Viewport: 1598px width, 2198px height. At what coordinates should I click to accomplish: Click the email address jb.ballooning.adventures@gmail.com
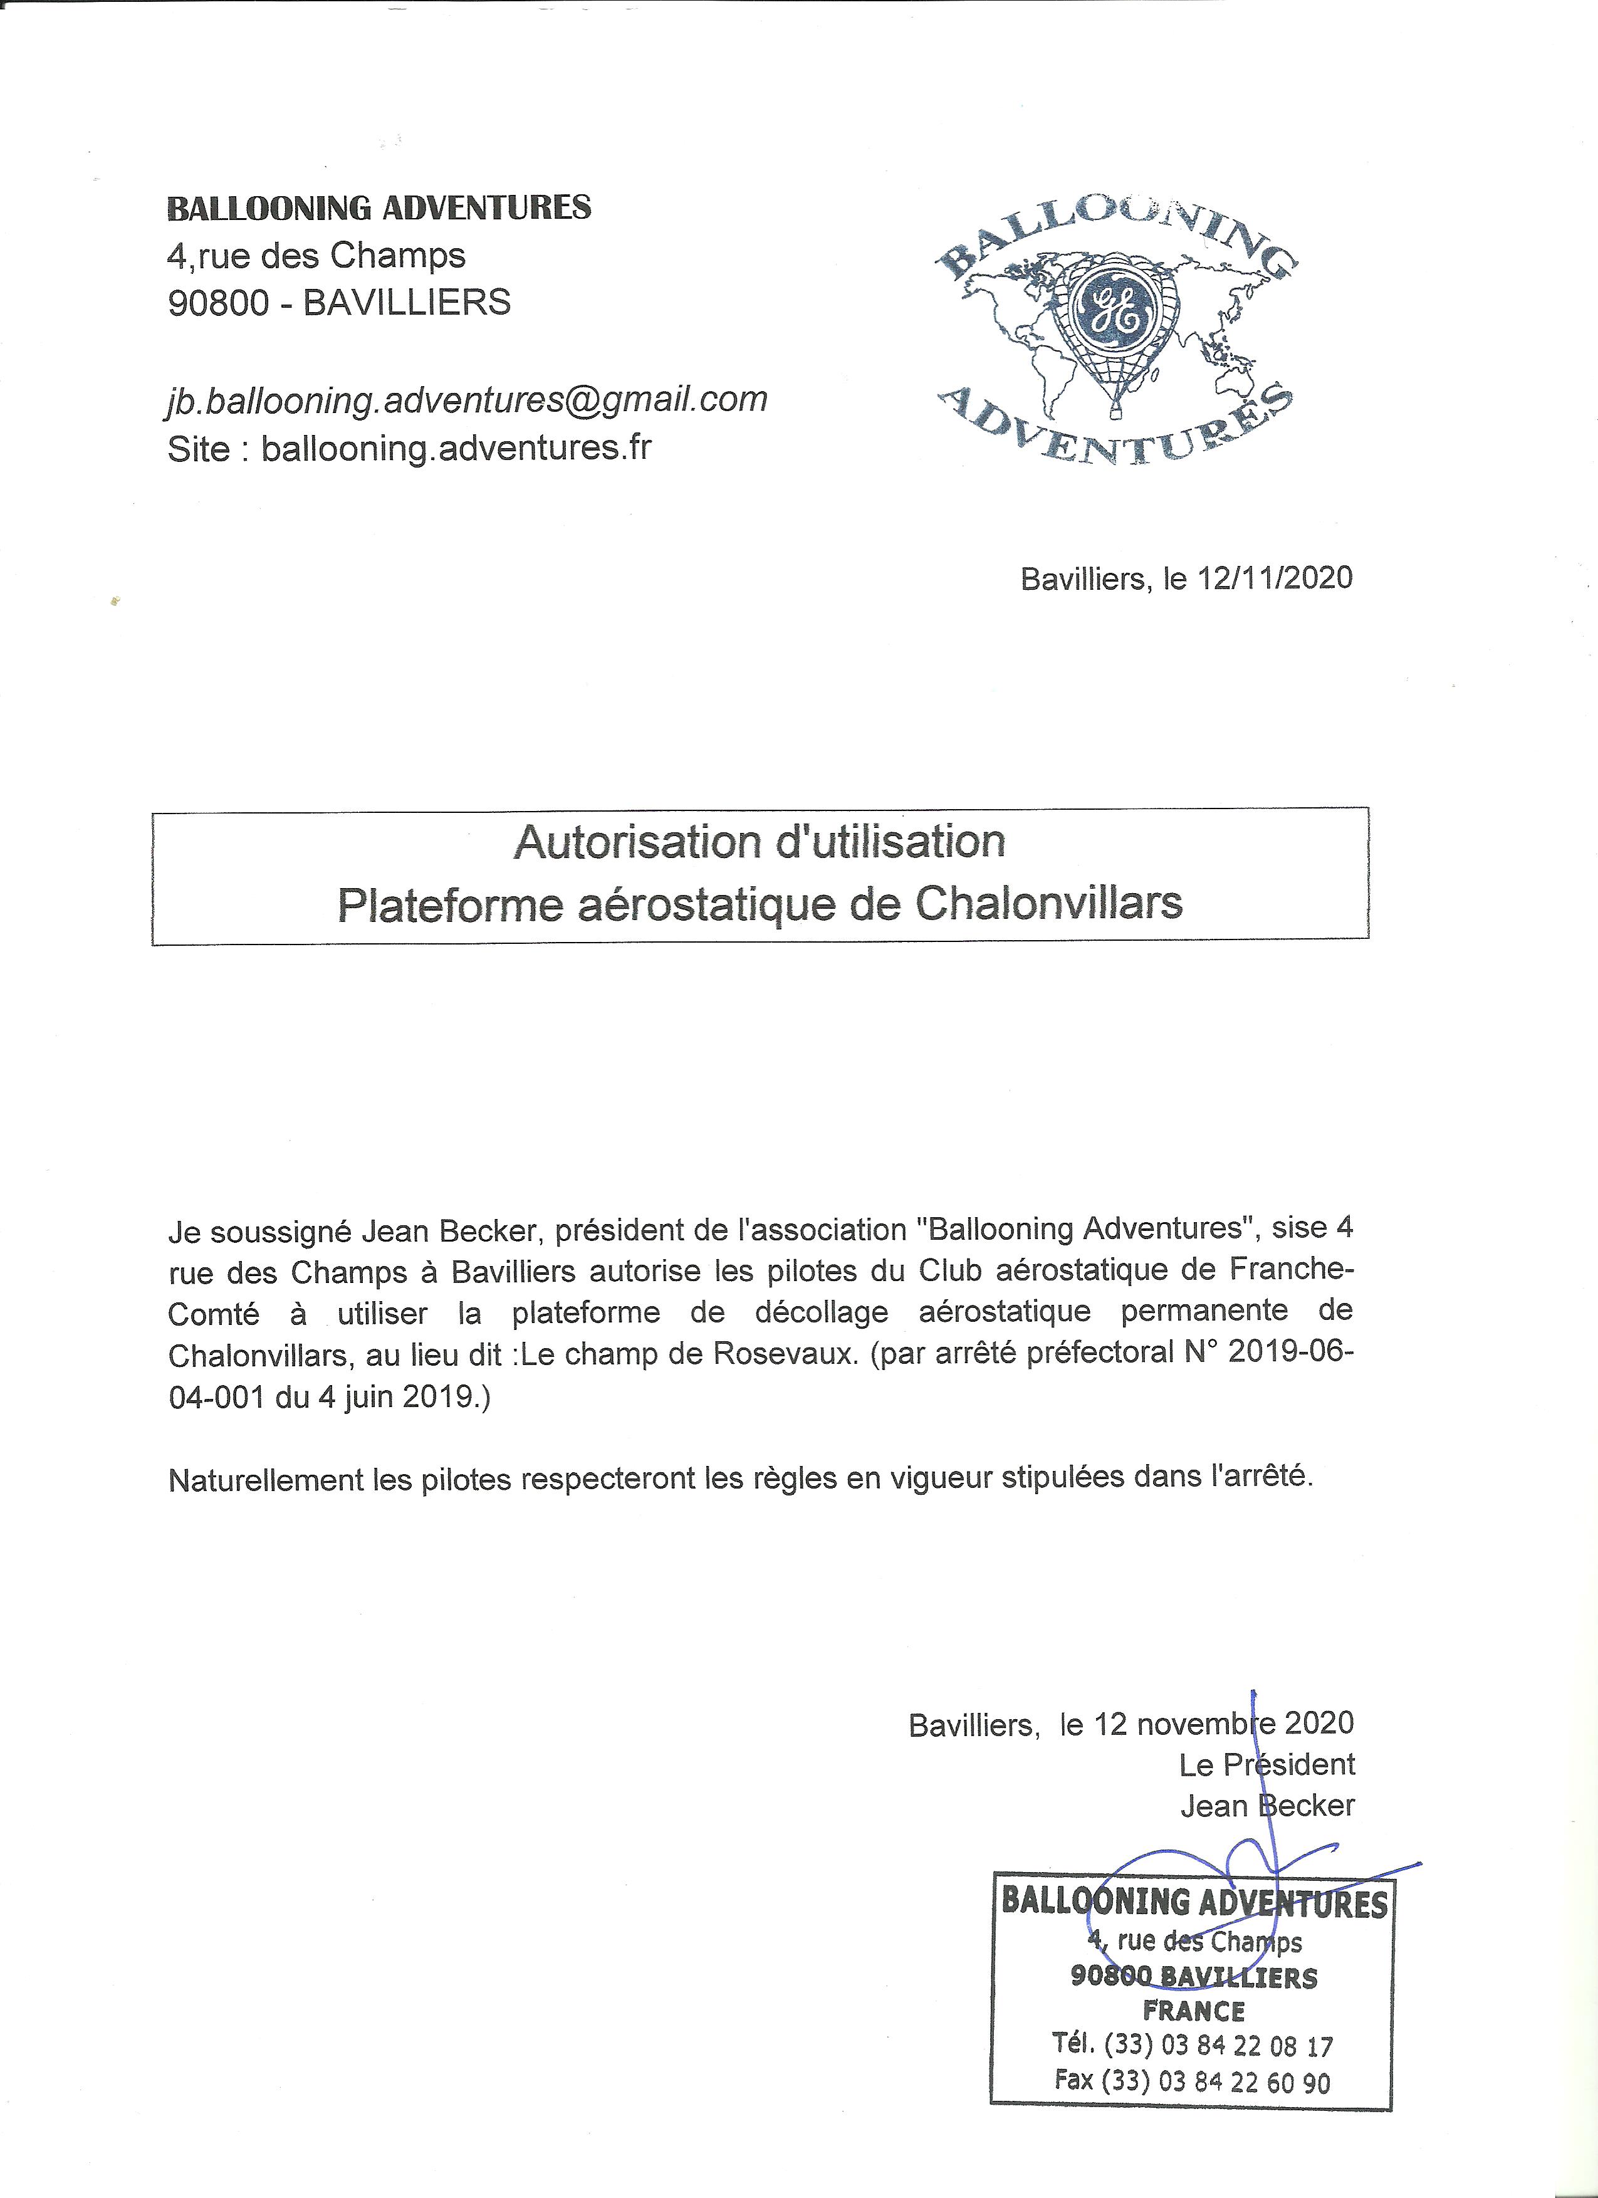tap(467, 400)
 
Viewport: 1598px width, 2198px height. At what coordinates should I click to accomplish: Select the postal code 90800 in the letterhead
tap(218, 303)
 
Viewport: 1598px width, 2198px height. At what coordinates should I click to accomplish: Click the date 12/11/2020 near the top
tap(1275, 578)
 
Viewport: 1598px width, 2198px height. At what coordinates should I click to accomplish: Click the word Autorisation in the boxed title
tap(629, 842)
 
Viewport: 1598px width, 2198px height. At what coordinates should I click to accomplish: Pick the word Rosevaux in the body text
tap(786, 1353)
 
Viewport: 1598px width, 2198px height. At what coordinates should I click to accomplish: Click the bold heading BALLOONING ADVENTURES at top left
tap(379, 208)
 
